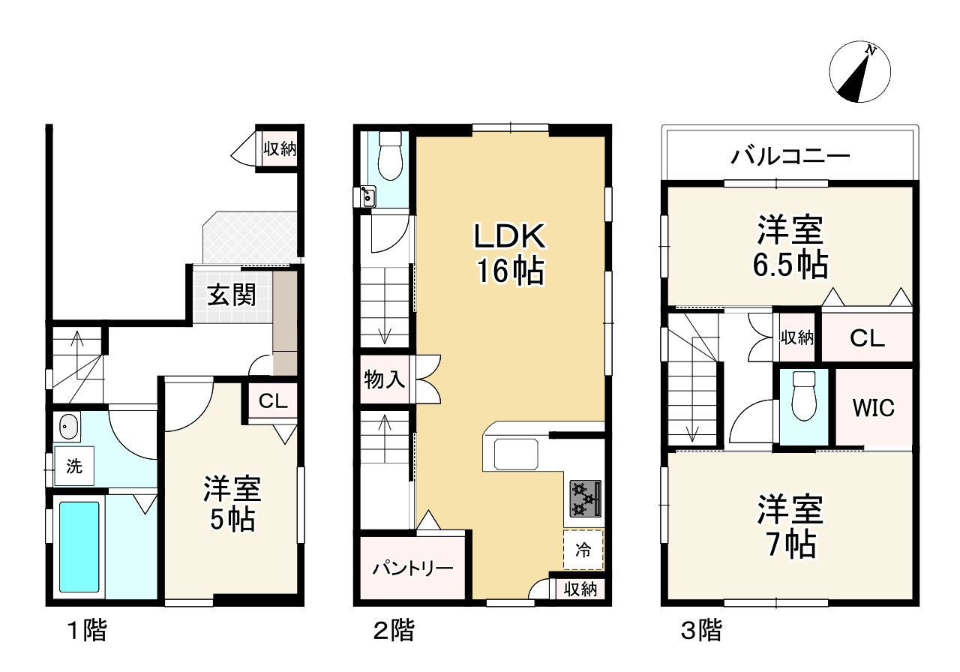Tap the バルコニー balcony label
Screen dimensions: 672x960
pos(790,157)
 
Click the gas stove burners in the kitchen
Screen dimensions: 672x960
pos(586,499)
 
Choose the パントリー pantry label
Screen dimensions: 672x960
pos(413,568)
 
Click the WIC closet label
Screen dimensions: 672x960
pos(874,409)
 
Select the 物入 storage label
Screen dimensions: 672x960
pos(385,379)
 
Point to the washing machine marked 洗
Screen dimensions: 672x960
pos(73,466)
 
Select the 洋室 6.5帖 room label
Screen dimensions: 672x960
pos(791,247)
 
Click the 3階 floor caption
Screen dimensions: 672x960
pos(700,631)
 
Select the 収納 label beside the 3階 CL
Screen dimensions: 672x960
pos(796,337)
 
